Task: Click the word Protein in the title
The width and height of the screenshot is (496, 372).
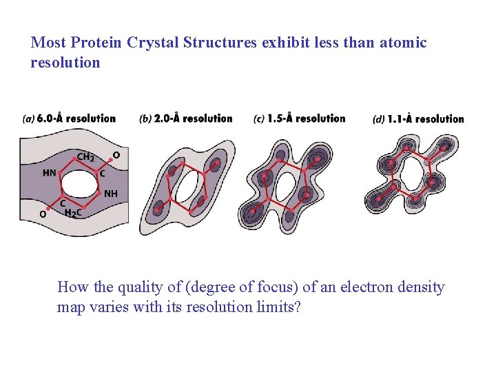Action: click(96, 43)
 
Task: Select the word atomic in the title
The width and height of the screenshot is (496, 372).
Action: click(402, 43)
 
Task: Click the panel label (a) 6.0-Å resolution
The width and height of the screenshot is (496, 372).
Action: click(69, 118)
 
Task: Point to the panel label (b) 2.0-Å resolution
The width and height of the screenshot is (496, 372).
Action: click(186, 118)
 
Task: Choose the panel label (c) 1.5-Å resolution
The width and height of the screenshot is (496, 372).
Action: click(299, 118)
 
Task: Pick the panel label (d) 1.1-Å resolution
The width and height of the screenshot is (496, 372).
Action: click(418, 119)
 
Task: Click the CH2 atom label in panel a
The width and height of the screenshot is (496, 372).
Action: click(85, 157)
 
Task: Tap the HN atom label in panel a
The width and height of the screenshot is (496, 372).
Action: click(50, 173)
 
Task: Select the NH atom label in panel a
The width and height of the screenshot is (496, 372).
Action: click(110, 194)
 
